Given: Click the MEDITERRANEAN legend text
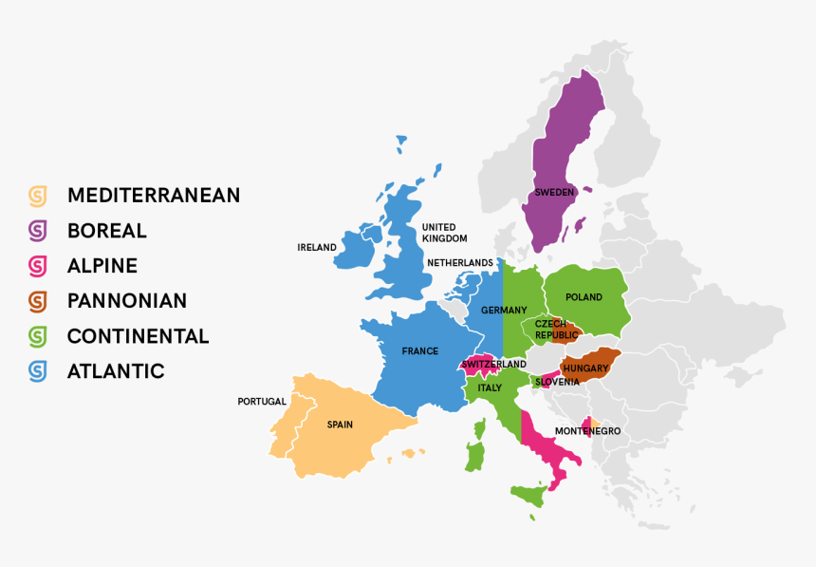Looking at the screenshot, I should pyautogui.click(x=153, y=196).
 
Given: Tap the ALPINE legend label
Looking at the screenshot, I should pyautogui.click(x=102, y=266).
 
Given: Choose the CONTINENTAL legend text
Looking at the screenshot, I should pyautogui.click(x=138, y=336).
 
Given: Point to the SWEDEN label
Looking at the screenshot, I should pyautogui.click(x=554, y=192).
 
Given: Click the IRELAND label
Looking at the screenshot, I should pyautogui.click(x=317, y=247).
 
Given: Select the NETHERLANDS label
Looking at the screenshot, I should pyautogui.click(x=460, y=262).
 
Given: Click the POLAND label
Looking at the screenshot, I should pyautogui.click(x=584, y=297).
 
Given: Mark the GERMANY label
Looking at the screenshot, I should pyautogui.click(x=504, y=311).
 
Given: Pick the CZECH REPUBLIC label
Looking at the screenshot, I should pyautogui.click(x=555, y=330).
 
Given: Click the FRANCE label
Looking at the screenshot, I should pyautogui.click(x=420, y=351).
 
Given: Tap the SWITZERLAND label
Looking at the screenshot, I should pyautogui.click(x=493, y=364).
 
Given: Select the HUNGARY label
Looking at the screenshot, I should pyautogui.click(x=585, y=368).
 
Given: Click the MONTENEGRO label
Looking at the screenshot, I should pyautogui.click(x=587, y=431).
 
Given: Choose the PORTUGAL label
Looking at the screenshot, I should pyautogui.click(x=262, y=402).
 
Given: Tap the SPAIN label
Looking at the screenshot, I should pyautogui.click(x=340, y=425).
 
